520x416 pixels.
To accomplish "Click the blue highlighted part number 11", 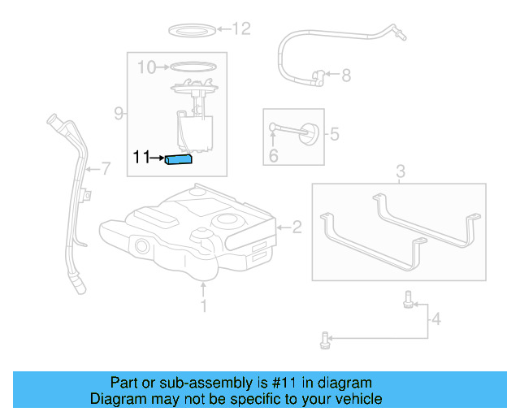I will point(178,159).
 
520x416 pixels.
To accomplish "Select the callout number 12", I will point(241,29).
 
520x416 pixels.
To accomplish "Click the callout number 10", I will point(146,67).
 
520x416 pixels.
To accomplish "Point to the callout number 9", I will point(119,113).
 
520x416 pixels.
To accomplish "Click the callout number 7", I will point(104,169).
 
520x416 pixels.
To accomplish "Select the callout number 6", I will point(273,154).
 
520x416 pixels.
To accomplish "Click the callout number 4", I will point(436,319).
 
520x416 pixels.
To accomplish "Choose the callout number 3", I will point(400,171).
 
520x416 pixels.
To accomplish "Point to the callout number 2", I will point(297,227).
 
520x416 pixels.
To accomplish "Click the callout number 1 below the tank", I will point(204,305).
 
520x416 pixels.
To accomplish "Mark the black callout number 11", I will point(142,158).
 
